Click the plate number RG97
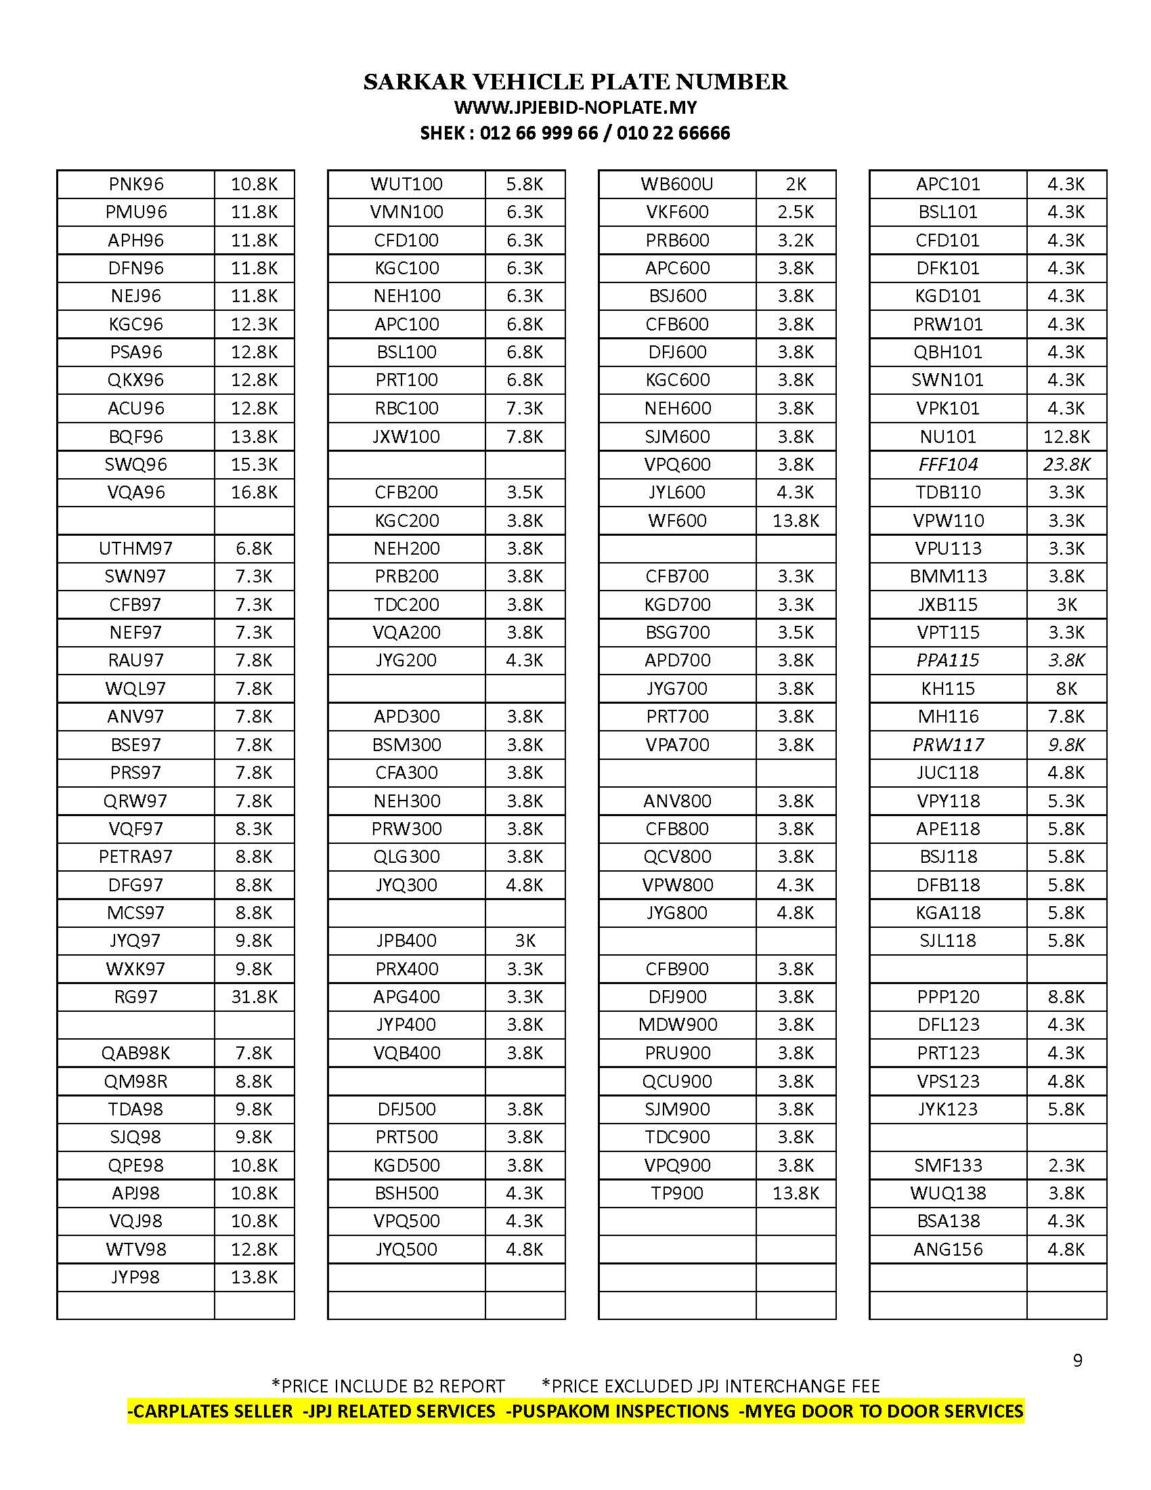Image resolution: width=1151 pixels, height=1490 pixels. click(x=135, y=997)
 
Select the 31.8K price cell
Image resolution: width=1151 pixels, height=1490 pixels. click(x=255, y=997)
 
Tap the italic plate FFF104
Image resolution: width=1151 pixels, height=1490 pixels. click(x=948, y=465)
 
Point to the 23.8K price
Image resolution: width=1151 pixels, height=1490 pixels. click(x=1066, y=465)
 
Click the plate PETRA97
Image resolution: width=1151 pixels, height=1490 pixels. click(x=135, y=856)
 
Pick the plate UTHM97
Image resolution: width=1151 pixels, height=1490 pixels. click(x=135, y=548)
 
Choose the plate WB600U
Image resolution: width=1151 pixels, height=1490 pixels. click(x=677, y=184)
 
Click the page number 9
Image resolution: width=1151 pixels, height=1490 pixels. click(x=1077, y=1361)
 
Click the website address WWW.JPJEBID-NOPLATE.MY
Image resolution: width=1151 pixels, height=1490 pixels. click(x=575, y=108)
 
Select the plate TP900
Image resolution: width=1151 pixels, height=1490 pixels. click(x=677, y=1193)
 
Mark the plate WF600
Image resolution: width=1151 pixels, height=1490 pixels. click(x=677, y=521)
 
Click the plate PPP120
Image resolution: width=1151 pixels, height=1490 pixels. click(x=948, y=997)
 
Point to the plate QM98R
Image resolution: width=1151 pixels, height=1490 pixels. click(x=135, y=1082)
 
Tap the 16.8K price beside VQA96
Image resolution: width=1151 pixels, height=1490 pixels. click(x=255, y=492)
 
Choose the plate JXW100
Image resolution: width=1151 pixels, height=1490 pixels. click(x=406, y=437)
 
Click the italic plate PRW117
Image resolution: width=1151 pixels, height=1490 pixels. click(x=948, y=744)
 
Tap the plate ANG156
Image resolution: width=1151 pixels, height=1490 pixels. click(x=948, y=1249)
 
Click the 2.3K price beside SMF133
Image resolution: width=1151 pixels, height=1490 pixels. click(x=1066, y=1166)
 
